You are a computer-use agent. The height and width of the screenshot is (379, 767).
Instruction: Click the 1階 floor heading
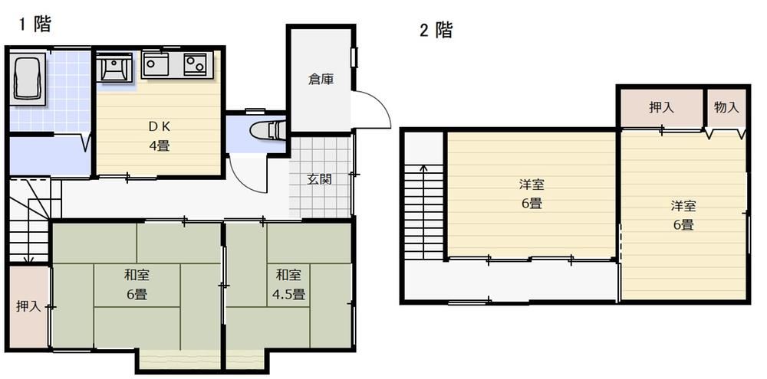pos(35,24)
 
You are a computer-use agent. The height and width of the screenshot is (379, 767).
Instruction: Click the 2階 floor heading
pos(436,31)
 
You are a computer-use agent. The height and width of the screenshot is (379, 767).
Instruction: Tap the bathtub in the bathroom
pos(28,80)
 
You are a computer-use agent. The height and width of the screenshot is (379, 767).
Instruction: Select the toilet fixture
pos(267,130)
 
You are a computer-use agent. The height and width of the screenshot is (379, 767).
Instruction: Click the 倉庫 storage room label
pos(321,79)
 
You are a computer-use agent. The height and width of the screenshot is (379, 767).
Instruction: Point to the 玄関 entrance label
pos(320,179)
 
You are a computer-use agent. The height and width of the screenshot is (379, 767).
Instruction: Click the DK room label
pos(159,126)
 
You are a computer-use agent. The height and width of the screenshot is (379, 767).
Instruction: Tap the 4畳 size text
pos(159,145)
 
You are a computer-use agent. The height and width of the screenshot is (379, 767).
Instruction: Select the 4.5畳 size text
pos(288,295)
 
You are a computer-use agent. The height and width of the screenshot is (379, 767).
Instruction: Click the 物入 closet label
pos(726,107)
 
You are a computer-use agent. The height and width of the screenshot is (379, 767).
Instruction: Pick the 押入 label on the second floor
pos(661,107)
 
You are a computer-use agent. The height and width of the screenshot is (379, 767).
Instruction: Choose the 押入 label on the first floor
pos(28,307)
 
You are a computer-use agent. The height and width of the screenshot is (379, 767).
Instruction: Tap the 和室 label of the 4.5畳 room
pos(288,275)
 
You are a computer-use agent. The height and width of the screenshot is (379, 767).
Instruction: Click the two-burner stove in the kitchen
pos(195,64)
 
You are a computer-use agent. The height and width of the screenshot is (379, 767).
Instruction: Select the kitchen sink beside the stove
pos(156,64)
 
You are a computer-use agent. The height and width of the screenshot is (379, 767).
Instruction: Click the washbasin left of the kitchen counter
pos(114,68)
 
